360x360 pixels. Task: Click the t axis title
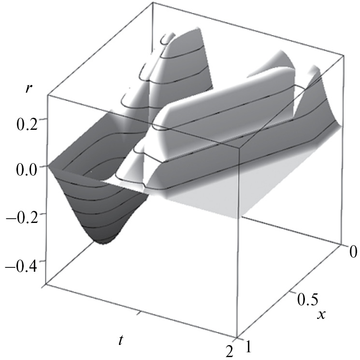[120, 340]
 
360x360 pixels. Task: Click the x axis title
[321, 315]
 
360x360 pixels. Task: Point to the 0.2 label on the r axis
[27, 124]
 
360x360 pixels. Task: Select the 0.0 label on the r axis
[27, 170]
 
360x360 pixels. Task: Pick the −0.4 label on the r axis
[22, 267]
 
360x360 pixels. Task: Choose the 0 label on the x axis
[353, 251]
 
